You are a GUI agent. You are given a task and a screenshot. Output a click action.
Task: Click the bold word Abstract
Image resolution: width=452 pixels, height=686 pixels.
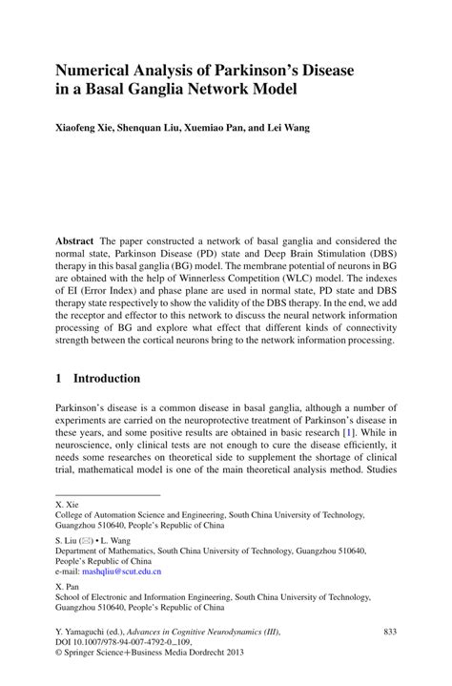76,242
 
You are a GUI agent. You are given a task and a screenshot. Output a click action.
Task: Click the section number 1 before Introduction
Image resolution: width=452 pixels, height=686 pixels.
58,378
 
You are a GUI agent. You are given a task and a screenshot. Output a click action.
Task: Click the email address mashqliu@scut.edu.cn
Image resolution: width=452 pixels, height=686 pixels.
121,572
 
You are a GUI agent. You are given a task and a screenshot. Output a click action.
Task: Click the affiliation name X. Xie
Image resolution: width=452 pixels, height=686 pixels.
67,506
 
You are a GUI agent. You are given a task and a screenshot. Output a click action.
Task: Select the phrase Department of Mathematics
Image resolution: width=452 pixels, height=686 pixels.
104,551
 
